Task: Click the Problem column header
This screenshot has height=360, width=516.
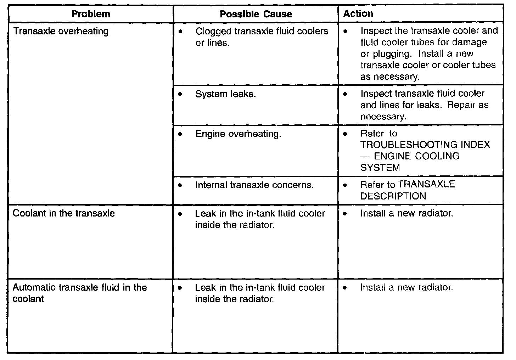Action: pyautogui.click(x=91, y=14)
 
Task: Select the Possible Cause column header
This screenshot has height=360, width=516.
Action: pyautogui.click(x=256, y=14)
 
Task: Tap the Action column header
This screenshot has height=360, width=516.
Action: pyautogui.click(x=358, y=13)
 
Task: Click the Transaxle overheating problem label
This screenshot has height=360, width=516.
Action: pyautogui.click(x=61, y=31)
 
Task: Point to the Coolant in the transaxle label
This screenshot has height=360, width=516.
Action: pyautogui.click(x=64, y=213)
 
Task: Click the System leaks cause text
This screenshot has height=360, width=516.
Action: pyautogui.click(x=225, y=94)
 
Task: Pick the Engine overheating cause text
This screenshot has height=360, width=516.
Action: pyautogui.click(x=238, y=134)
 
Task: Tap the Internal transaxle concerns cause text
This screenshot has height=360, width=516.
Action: pyautogui.click(x=254, y=185)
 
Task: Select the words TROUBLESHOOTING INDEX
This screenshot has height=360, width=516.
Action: pyautogui.click(x=425, y=145)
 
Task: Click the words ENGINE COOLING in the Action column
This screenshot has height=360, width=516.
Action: pyautogui.click(x=417, y=156)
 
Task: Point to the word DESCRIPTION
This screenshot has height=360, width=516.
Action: pyautogui.click(x=393, y=196)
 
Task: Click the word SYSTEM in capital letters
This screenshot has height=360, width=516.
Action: pyautogui.click(x=380, y=168)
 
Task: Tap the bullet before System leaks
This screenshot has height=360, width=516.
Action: pyautogui.click(x=181, y=94)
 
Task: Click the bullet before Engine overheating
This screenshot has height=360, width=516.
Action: pyautogui.click(x=181, y=134)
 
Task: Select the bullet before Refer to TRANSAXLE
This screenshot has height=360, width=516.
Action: pyautogui.click(x=346, y=185)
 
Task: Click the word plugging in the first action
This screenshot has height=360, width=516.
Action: pyautogui.click(x=393, y=54)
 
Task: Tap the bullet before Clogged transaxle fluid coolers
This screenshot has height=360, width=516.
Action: pyautogui.click(x=181, y=32)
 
